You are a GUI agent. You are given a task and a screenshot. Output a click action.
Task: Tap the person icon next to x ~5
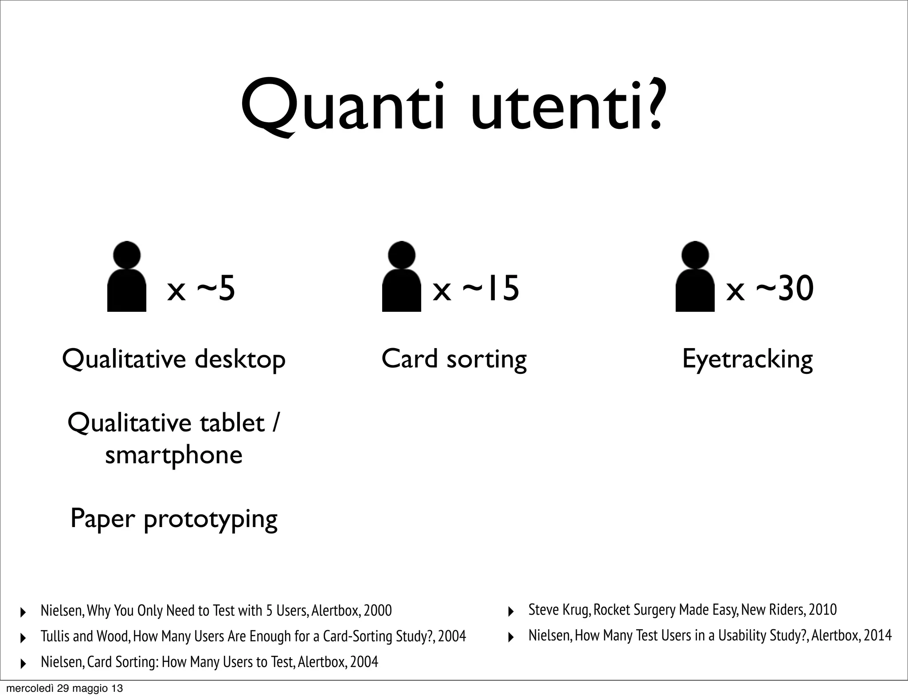point(127,277)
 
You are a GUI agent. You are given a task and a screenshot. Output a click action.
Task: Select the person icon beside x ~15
point(401,277)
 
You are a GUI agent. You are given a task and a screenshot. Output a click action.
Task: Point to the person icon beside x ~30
point(695,277)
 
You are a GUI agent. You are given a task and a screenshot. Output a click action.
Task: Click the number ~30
point(785,288)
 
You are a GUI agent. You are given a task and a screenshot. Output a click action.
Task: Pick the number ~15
point(490,288)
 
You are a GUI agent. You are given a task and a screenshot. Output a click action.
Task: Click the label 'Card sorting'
point(454,359)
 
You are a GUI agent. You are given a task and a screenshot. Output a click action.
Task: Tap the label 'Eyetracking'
point(748,359)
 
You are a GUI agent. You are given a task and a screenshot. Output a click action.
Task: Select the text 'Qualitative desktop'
point(174,359)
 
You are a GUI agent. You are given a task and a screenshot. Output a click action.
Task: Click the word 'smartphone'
point(174,455)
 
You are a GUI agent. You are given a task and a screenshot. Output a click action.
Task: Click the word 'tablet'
point(232,423)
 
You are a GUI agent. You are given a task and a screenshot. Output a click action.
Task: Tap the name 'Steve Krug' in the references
point(559,610)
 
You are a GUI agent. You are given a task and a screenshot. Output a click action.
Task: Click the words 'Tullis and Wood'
point(85,636)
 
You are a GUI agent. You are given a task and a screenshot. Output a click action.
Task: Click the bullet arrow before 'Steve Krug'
point(510,612)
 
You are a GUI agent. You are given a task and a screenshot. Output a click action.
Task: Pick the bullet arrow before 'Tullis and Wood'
point(23,638)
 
